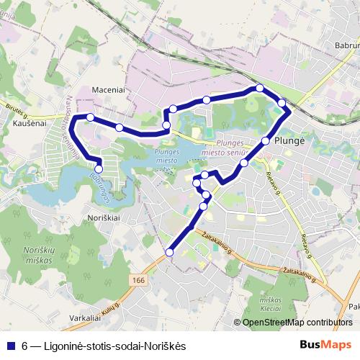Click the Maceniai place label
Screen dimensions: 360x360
click(x=109, y=90)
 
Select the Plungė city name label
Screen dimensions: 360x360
click(x=290, y=142)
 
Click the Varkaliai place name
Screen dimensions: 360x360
click(x=86, y=317)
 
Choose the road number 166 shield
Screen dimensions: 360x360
click(x=139, y=277)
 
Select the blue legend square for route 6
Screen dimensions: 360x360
click(x=10, y=346)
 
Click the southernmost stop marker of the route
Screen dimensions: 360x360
click(x=170, y=252)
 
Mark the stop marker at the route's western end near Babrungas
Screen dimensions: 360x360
click(x=99, y=169)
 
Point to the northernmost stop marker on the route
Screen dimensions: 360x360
click(x=259, y=89)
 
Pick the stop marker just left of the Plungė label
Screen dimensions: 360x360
click(x=266, y=141)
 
